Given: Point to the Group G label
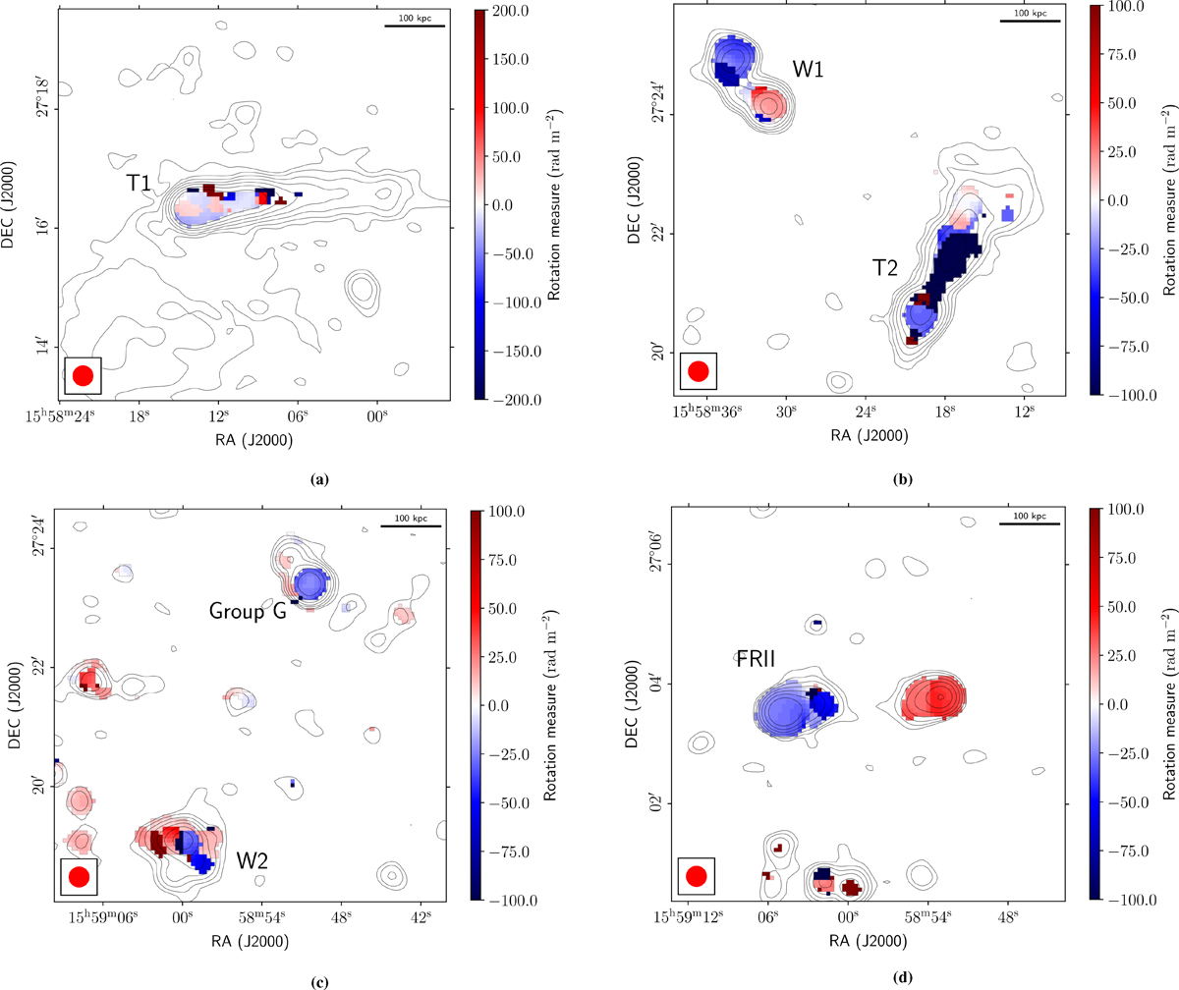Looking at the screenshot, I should pyautogui.click(x=246, y=611).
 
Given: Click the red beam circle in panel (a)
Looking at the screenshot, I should pyautogui.click(x=83, y=374).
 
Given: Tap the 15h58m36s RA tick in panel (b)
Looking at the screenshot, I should pyautogui.click(x=705, y=409).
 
